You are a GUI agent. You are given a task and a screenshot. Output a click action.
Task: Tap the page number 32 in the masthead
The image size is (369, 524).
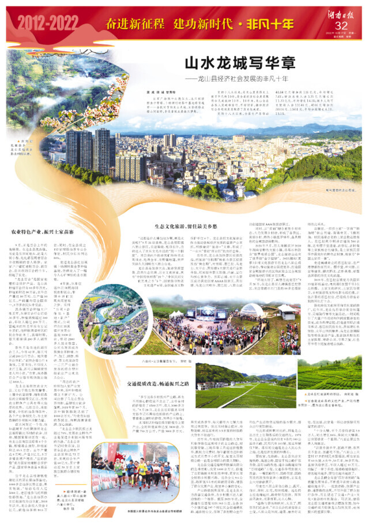click(341, 26)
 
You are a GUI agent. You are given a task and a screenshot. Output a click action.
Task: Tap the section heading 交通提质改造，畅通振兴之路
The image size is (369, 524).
click(160, 383)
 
